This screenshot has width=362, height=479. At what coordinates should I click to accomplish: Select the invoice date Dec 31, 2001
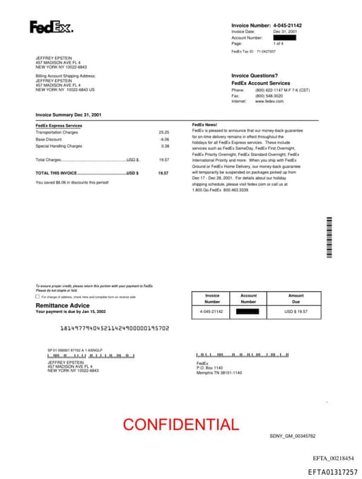point(285,32)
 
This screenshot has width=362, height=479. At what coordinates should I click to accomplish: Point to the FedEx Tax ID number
point(266,52)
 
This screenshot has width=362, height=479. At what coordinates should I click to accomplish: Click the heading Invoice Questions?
point(255,76)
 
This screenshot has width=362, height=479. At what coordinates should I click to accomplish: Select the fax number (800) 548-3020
point(270,95)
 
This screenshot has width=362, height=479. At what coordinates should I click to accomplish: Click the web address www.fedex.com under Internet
point(269,101)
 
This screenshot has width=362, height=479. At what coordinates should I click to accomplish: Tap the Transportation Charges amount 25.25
point(164,132)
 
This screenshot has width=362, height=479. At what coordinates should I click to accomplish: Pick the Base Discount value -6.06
point(165,139)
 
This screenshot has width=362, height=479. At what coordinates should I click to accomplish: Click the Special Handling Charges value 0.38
point(165,146)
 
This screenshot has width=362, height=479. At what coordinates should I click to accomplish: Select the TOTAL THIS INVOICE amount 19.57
point(163,172)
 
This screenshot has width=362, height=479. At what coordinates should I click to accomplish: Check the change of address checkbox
point(37,297)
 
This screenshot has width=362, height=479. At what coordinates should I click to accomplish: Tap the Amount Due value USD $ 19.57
point(296,311)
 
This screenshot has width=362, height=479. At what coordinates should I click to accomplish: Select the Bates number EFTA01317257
point(332,471)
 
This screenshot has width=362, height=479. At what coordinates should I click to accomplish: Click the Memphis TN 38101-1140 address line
point(219,372)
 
